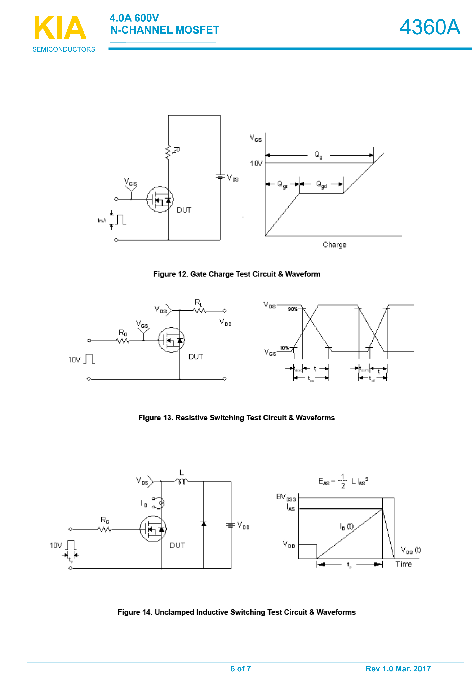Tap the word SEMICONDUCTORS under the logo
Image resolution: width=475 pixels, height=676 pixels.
click(64, 49)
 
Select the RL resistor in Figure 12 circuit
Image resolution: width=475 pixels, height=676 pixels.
click(168, 152)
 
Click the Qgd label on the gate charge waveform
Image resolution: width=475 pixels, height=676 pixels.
click(321, 185)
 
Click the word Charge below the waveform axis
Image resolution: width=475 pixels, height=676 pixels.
click(334, 245)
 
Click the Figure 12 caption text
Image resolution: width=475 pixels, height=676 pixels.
click(236, 274)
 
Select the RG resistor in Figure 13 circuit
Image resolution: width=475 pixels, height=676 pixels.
click(123, 341)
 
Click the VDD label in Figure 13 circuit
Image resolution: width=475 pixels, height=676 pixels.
click(225, 322)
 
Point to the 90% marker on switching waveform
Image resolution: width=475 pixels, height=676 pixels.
click(292, 309)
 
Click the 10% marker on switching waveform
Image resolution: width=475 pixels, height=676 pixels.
click(284, 348)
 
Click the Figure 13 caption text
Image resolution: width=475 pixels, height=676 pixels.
click(236, 418)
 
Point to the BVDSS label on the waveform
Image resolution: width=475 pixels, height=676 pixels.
click(286, 498)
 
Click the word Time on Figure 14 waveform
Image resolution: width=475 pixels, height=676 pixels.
click(403, 564)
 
